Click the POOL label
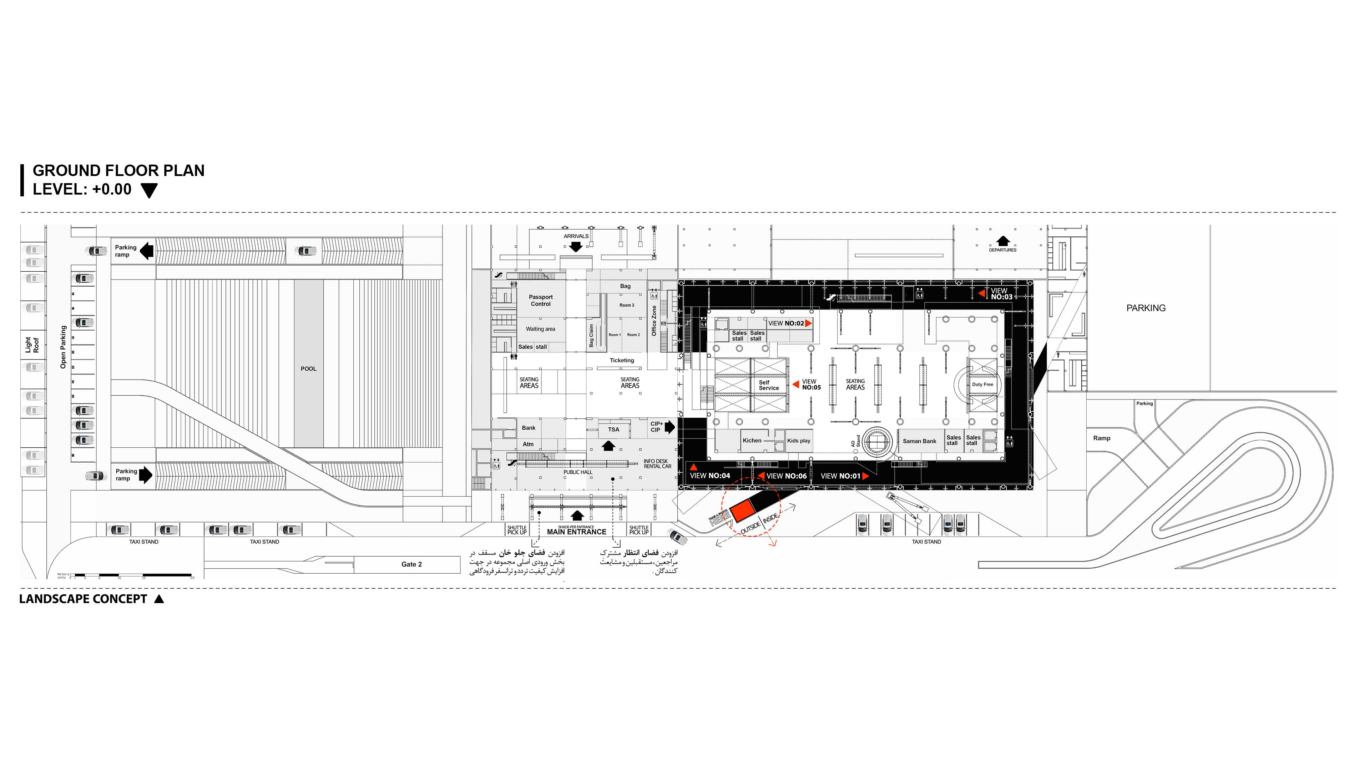pos(308,369)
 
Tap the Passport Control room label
pos(540,300)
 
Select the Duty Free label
pos(982,384)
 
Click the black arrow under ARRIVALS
pos(576,247)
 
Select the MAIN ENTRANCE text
pos(577,532)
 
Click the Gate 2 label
pos(411,564)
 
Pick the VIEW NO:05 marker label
pos(811,384)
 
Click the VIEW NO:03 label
pos(1001,294)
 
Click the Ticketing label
pos(622,360)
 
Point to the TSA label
pos(613,429)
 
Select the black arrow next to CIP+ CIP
pos(670,427)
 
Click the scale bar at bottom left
pos(131,575)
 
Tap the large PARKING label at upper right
pos(1146,308)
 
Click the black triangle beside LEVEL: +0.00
pos(149,191)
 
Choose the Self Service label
pos(768,385)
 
